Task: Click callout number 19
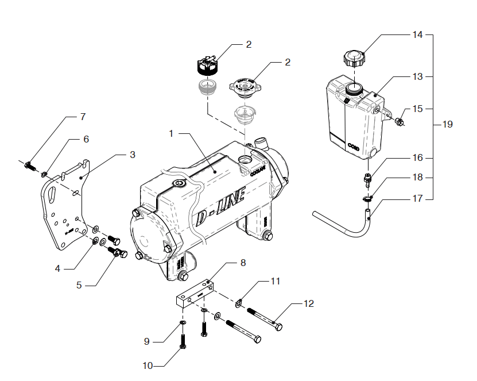(447, 124)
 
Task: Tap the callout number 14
(417, 34)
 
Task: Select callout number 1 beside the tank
(171, 133)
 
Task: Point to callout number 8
(243, 263)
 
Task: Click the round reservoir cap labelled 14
(354, 58)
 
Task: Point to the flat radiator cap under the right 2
(245, 86)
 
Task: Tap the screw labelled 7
(30, 166)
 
